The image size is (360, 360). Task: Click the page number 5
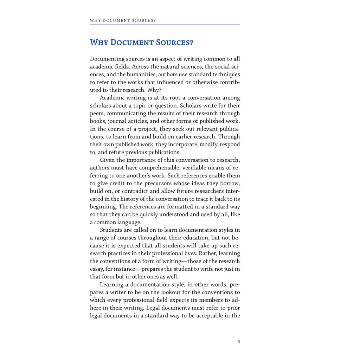239,342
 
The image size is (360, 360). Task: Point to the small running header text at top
123,20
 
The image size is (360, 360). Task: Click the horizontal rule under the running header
165,25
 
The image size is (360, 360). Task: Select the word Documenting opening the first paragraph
107,59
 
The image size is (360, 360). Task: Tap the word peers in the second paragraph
97,114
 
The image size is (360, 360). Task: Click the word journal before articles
117,121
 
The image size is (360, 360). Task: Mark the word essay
96,269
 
